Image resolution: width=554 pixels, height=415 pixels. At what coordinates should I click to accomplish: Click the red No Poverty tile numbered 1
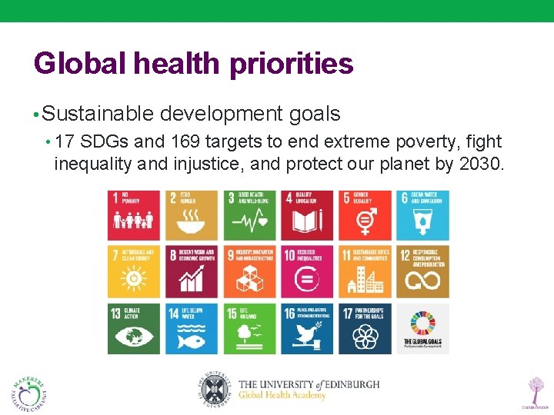(x=134, y=215)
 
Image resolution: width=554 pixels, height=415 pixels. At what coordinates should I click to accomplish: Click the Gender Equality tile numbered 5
(x=365, y=215)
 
